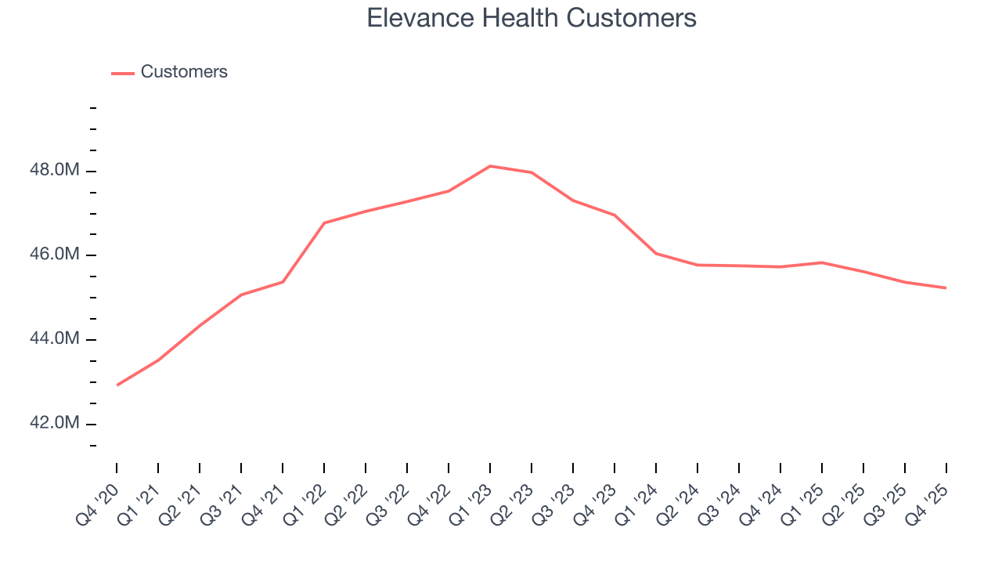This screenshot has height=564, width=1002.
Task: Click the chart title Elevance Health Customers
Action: (532, 18)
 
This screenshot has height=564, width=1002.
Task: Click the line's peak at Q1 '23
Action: (490, 166)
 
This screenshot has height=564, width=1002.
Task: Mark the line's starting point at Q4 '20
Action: (117, 385)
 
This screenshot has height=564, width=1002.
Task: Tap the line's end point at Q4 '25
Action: (946, 287)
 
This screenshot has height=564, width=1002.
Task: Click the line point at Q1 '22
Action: (324, 222)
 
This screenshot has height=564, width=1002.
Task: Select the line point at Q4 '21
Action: (283, 282)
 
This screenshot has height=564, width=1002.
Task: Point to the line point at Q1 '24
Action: (656, 253)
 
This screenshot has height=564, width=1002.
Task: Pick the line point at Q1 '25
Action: (822, 262)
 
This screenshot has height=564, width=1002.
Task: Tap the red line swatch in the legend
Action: (123, 73)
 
